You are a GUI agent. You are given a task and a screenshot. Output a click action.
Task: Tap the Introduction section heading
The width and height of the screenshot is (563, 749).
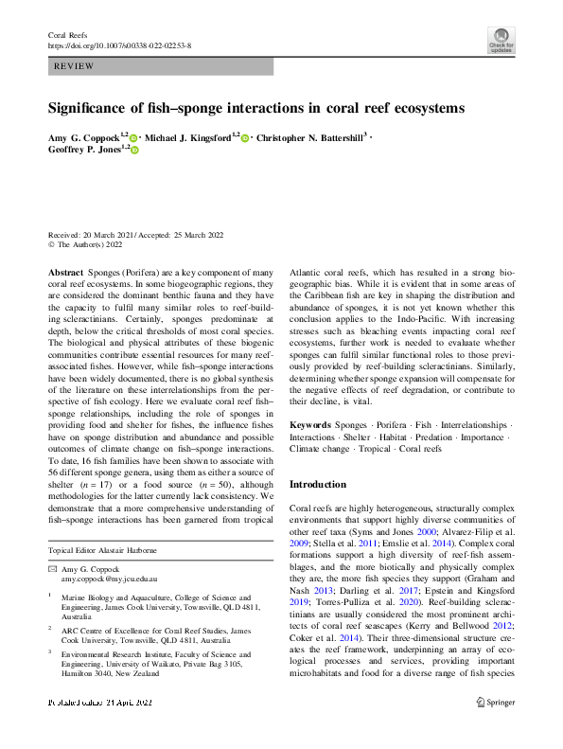pyautogui.click(x=319, y=483)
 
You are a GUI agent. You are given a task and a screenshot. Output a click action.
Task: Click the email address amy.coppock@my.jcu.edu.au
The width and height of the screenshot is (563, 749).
pyautogui.click(x=109, y=577)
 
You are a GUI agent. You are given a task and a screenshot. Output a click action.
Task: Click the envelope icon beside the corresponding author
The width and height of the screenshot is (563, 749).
pyautogui.click(x=52, y=567)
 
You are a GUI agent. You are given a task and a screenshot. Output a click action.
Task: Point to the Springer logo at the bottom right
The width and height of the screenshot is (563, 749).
pyautogui.click(x=495, y=729)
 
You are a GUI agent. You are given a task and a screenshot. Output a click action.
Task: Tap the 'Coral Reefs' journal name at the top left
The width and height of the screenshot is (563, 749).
pyautogui.click(x=69, y=34)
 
